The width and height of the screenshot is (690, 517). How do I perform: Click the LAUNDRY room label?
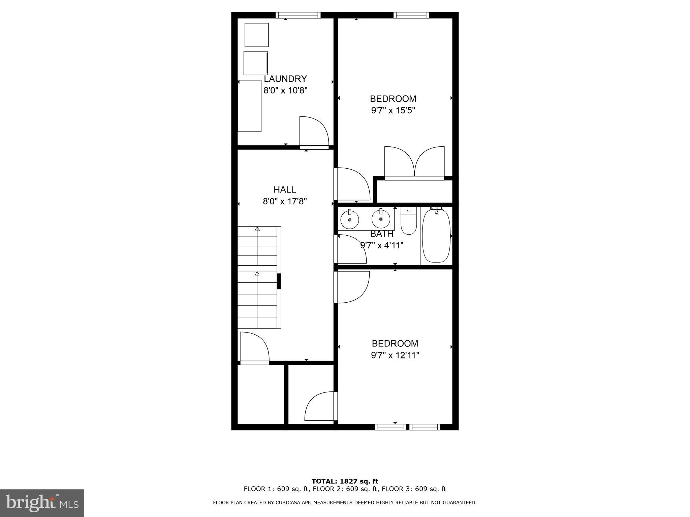pos(285,79)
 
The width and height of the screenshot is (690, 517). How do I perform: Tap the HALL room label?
pos(285,189)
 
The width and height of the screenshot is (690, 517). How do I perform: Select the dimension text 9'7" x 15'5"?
pos(393,110)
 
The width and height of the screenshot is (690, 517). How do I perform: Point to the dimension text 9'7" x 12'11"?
pos(395,355)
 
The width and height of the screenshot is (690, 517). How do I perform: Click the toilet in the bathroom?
pos(409,221)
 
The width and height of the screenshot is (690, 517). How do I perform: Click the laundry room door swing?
pos(313,131)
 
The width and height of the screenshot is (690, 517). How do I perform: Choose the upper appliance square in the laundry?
pos(256,35)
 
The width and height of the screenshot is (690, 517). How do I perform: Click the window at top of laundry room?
pos(298,15)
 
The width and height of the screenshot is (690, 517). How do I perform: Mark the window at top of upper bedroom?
pos(411,15)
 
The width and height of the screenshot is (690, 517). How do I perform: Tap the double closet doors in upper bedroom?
pos(414,162)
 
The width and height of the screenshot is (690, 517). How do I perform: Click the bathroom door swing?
pos(351,249)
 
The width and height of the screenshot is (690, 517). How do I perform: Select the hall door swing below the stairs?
pos(254,347)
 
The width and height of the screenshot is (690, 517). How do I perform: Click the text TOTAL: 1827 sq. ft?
pos(345,481)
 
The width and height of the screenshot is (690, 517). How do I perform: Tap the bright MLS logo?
pos(42,503)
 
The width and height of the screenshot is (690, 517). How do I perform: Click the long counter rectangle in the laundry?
pos(250,106)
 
